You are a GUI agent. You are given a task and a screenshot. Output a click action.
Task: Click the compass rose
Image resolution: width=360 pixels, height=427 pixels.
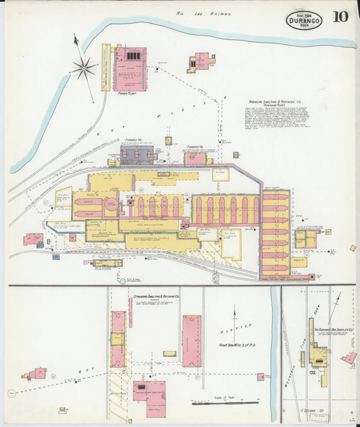point(84,66)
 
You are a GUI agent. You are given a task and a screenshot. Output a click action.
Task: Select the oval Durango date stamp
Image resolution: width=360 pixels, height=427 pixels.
point(303,19)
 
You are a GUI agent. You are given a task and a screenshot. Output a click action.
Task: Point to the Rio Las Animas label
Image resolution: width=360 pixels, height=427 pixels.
point(203,13)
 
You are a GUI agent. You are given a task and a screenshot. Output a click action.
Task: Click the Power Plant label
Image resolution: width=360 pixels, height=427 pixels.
point(128,94)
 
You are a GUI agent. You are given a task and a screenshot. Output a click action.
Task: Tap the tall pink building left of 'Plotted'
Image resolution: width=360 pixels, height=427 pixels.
point(191,341)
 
